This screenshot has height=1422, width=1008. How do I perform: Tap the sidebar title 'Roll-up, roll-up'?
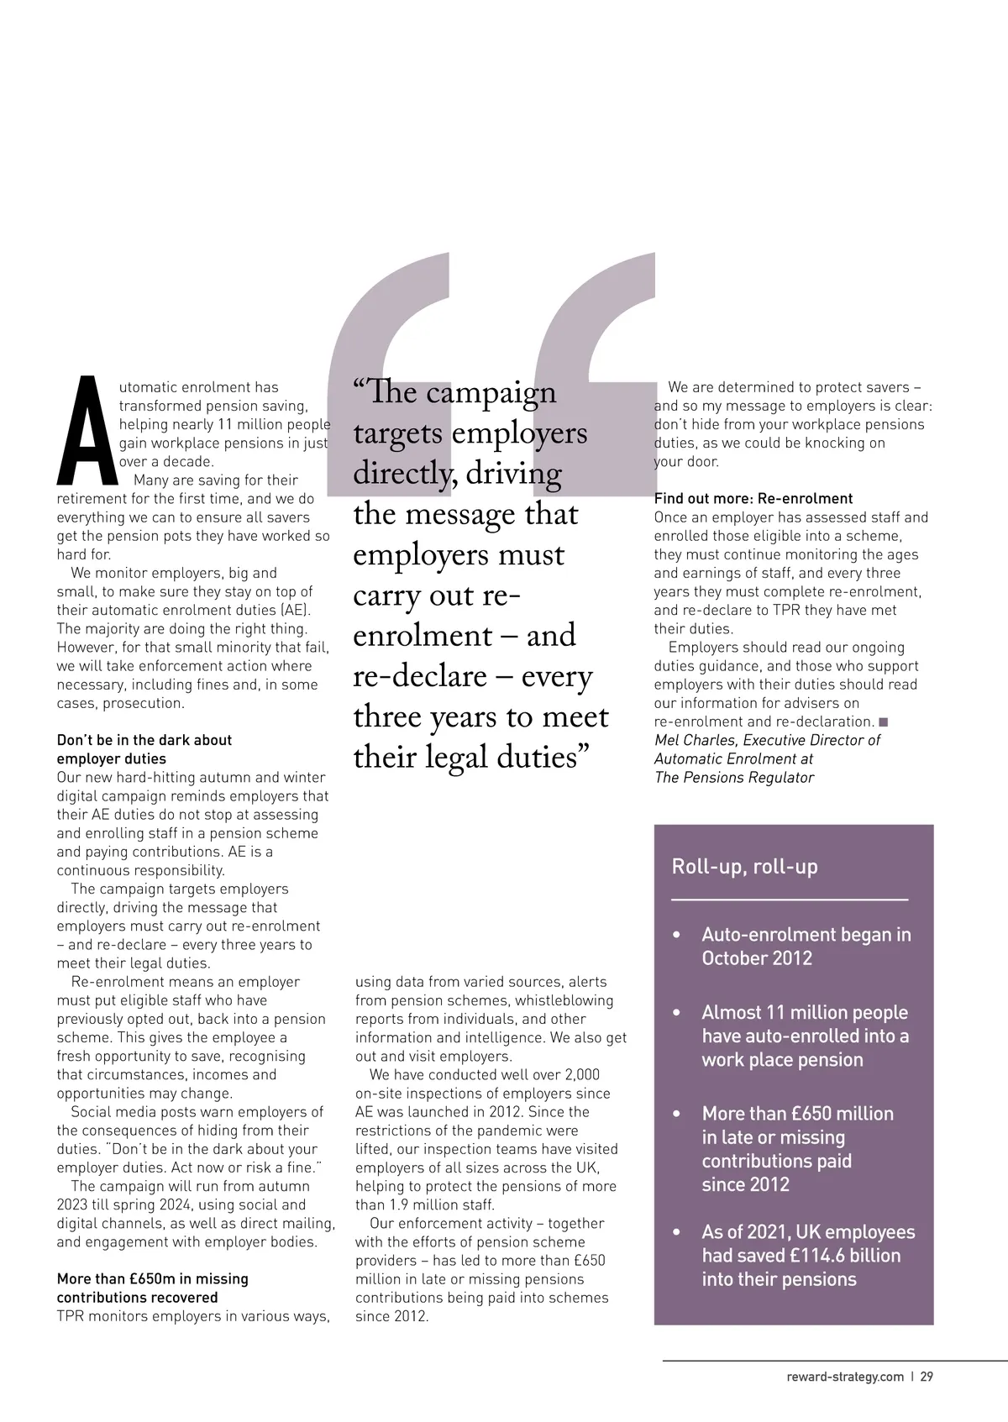744,866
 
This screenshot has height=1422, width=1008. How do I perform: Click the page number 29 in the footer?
927,1377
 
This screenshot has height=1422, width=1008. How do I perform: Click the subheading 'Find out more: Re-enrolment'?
753,499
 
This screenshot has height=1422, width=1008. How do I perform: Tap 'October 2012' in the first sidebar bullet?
757,958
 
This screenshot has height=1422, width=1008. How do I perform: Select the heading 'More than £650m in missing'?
152,1279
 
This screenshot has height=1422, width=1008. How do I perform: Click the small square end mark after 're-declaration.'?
883,721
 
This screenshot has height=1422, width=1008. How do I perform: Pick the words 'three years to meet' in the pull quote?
480,717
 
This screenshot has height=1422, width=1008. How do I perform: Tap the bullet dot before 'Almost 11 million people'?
677,1013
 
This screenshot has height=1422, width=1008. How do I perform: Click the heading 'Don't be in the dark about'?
144,740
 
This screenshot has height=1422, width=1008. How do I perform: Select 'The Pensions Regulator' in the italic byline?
733,778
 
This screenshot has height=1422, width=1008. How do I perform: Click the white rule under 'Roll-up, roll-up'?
790,900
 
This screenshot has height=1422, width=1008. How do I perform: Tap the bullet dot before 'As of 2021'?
677,1233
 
